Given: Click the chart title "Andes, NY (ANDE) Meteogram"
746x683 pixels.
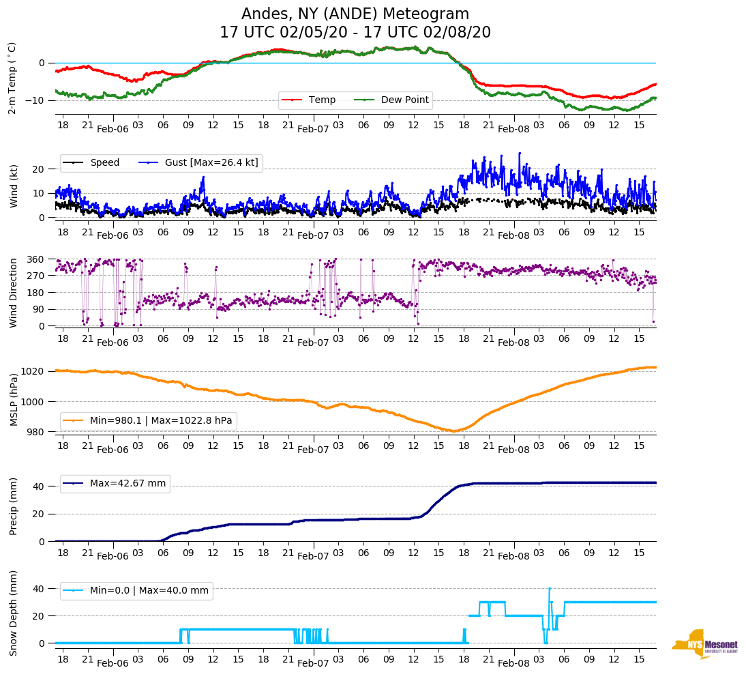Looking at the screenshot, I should click(x=355, y=14).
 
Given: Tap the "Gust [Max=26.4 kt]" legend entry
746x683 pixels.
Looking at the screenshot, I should click(x=211, y=162).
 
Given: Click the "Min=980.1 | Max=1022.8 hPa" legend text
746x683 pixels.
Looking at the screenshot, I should click(x=161, y=421).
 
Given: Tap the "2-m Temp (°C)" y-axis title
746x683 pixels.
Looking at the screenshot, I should click(x=12, y=78).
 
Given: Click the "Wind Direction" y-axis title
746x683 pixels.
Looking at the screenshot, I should click(x=13, y=293).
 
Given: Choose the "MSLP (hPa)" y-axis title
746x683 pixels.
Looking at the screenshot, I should click(x=14, y=399).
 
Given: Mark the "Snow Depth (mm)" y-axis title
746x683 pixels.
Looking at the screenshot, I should click(x=14, y=613).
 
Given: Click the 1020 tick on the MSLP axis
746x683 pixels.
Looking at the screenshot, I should click(x=37, y=371).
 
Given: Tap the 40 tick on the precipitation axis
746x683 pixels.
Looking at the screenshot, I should click(x=40, y=486).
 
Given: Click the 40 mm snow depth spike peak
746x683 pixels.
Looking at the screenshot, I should click(x=550, y=588).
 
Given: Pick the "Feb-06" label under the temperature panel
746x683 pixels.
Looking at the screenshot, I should click(x=113, y=129).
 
